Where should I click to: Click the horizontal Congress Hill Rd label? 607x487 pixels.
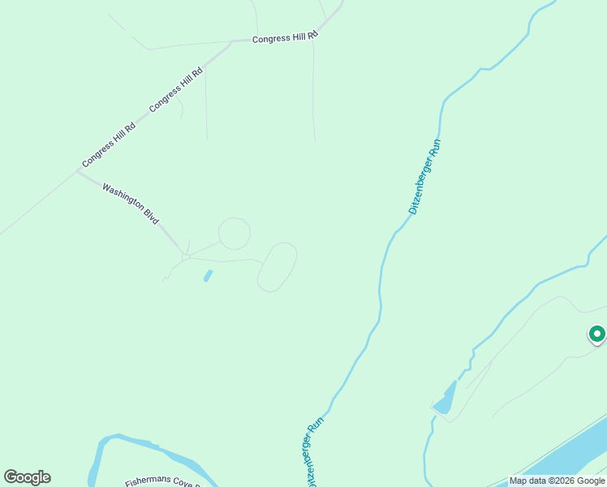coord(284,37)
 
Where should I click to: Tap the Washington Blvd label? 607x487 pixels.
coord(130,203)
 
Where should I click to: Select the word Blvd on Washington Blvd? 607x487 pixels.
coord(151,216)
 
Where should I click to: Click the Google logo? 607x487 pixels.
coord(27,477)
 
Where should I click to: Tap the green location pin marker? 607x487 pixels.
coord(596,334)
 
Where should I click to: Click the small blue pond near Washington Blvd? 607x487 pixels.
coord(209,276)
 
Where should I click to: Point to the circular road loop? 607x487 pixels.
coord(235,234)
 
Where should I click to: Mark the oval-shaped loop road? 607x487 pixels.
coord(277,266)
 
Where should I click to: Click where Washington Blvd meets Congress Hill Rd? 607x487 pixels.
coord(79,171)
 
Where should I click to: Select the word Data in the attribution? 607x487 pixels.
coord(537,481)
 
